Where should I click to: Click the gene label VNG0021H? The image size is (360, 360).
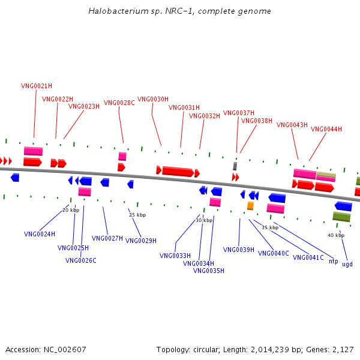pos(37,86)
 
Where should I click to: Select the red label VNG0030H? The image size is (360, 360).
pos(153,99)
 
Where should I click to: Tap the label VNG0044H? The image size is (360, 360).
pos(326,129)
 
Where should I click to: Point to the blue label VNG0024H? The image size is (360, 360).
pos(40,234)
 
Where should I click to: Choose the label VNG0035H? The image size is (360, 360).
pos(209,271)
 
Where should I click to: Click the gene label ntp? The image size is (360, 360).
pos(334,262)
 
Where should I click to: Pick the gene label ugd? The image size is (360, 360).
pos(347,264)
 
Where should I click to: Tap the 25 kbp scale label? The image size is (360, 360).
pos(137,215)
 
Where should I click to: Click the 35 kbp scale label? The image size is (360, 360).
pos(270,227)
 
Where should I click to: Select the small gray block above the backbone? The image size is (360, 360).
pos(235,166)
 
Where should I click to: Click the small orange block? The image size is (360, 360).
pos(250,206)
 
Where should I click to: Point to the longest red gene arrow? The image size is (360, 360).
pos(178,172)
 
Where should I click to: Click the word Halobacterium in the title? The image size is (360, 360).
pos(118,11)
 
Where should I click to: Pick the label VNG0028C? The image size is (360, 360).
pos(119,103)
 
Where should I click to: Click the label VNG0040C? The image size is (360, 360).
pos(274,253)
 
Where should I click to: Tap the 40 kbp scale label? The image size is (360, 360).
pos(336,235)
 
